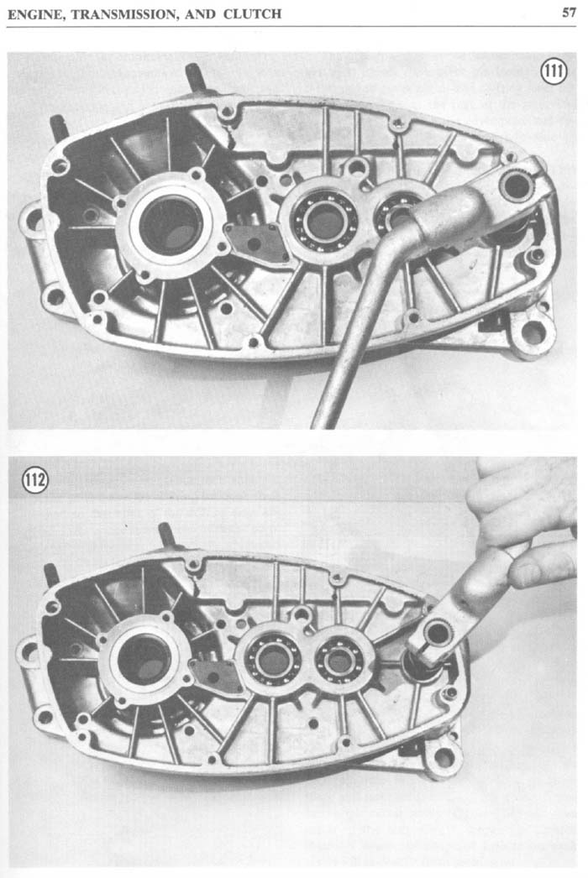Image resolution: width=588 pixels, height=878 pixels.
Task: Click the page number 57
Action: click(569, 12)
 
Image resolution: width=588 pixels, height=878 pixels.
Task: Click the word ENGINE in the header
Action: click(34, 14)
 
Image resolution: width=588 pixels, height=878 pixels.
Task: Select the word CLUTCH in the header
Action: click(252, 13)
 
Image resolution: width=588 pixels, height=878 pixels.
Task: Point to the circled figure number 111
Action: click(554, 72)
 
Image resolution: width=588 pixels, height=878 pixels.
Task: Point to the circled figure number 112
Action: click(34, 480)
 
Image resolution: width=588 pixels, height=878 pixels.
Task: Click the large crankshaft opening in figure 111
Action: click(171, 225)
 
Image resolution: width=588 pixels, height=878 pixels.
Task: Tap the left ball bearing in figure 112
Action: click(273, 660)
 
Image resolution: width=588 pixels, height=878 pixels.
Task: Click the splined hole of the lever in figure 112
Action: click(438, 633)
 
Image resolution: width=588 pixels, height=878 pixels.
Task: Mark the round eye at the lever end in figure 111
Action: click(517, 186)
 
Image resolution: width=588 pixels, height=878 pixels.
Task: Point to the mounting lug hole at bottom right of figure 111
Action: click(533, 334)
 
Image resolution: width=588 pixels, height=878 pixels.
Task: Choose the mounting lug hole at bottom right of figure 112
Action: click(444, 757)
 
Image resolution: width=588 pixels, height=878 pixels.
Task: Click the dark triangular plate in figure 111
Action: click(256, 242)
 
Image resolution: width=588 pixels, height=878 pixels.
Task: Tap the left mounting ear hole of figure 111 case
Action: click(34, 220)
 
